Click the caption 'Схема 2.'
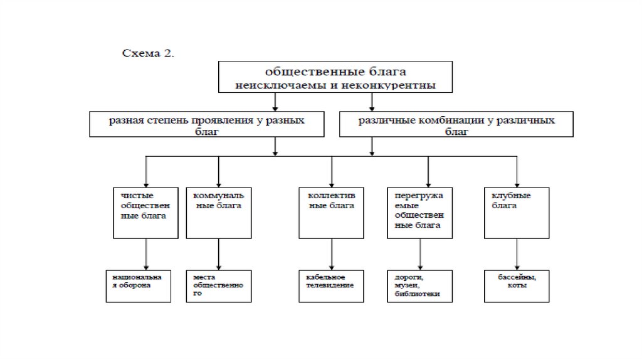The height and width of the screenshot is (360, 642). (x=148, y=53)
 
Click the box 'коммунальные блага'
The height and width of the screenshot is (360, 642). (x=218, y=212)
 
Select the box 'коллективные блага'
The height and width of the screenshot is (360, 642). (x=330, y=212)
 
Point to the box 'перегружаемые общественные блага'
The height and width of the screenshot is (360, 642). (x=419, y=212)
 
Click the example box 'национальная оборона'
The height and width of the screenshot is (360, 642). (x=137, y=286)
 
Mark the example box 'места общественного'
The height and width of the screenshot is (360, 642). (x=218, y=286)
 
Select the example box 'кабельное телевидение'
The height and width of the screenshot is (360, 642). (x=330, y=286)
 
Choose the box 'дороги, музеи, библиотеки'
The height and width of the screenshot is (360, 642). (x=419, y=286)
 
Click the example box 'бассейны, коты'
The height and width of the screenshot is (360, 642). (x=518, y=286)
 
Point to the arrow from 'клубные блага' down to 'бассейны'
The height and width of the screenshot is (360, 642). (x=517, y=254)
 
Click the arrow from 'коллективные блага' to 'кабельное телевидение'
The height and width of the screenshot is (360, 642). (x=332, y=254)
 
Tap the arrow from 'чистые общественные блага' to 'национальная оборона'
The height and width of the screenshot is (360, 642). (x=146, y=254)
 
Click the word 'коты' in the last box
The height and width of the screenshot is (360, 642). (x=518, y=285)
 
